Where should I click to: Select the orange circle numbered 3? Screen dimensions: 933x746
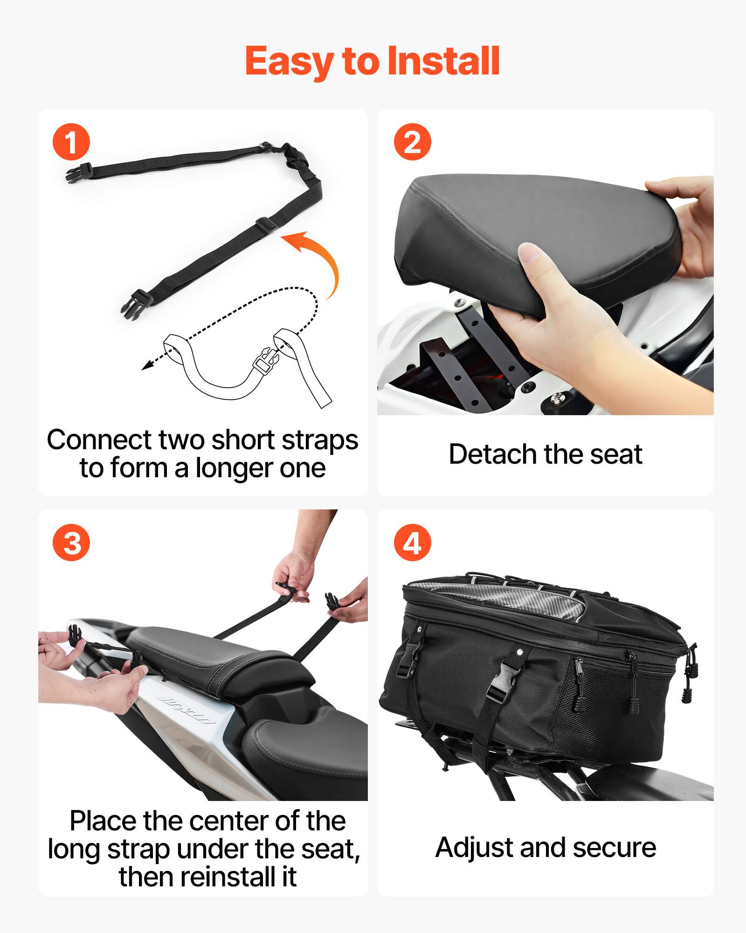click(x=71, y=543)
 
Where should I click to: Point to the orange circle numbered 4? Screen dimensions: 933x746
click(x=412, y=543)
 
